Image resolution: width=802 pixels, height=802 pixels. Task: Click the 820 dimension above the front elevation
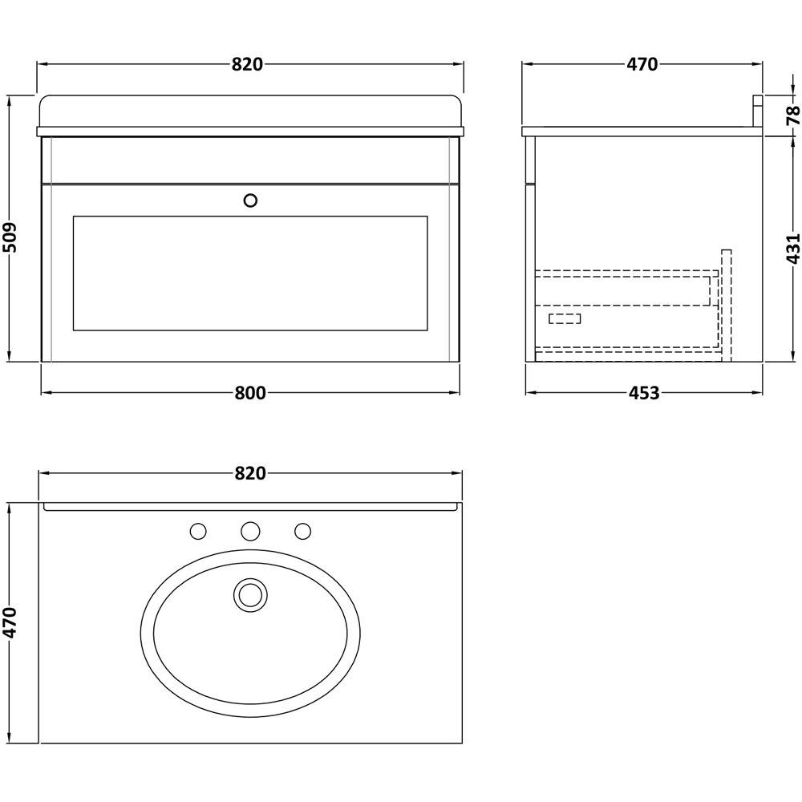[248, 65]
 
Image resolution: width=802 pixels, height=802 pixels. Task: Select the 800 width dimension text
[250, 393]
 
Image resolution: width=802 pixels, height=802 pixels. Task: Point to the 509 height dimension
[10, 237]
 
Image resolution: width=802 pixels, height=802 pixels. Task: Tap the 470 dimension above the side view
[642, 65]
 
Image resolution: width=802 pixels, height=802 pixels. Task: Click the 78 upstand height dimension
[792, 115]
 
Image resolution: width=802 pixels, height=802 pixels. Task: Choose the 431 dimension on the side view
[792, 249]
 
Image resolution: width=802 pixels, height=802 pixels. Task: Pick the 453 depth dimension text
[643, 393]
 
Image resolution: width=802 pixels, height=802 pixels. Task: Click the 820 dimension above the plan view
[250, 474]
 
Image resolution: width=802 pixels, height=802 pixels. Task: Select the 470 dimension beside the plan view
[10, 622]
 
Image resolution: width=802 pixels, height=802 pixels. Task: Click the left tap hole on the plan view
[198, 531]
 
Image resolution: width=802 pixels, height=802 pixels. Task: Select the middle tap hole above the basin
[250, 531]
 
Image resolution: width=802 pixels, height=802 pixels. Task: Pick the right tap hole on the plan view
[302, 531]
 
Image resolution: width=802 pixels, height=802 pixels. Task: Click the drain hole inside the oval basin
[250, 594]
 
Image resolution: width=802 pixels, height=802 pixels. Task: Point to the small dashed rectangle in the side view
[565, 318]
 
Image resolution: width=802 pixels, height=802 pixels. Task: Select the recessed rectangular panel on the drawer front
[250, 273]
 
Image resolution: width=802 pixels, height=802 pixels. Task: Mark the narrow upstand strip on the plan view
[250, 507]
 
